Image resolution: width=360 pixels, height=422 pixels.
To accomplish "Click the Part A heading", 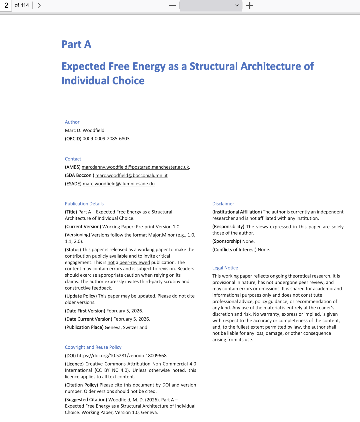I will (76, 44).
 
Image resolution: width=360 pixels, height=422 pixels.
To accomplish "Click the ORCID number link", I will (106, 139).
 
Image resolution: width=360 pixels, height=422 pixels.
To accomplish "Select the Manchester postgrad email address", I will (135, 167).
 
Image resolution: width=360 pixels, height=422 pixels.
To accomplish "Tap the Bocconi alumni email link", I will (131, 175).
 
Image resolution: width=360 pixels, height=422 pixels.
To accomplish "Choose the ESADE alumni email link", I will (119, 184).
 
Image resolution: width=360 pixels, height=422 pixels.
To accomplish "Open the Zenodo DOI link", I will (122, 356).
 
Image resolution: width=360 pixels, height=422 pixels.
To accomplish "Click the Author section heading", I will (72, 122).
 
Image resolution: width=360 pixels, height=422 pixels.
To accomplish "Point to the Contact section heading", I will (73, 159).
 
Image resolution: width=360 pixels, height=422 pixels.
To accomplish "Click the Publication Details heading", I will (84, 204).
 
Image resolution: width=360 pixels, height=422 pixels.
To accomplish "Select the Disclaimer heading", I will (223, 204).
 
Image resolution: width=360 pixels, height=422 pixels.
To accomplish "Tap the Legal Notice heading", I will (225, 268).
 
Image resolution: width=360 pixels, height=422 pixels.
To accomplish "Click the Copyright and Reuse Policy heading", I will (93, 347).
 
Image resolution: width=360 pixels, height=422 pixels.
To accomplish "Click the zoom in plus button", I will (250, 5).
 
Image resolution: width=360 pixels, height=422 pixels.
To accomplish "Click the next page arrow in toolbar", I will (39, 5).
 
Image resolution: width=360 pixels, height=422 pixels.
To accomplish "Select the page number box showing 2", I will (6, 5).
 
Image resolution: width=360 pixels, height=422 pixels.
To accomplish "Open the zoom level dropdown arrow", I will (237, 5).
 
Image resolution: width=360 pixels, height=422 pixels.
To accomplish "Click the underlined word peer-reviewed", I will (135, 262).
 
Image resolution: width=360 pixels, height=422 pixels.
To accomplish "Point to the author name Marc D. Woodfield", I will (85, 130).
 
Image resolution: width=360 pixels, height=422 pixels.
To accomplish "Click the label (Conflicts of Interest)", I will (234, 250).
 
